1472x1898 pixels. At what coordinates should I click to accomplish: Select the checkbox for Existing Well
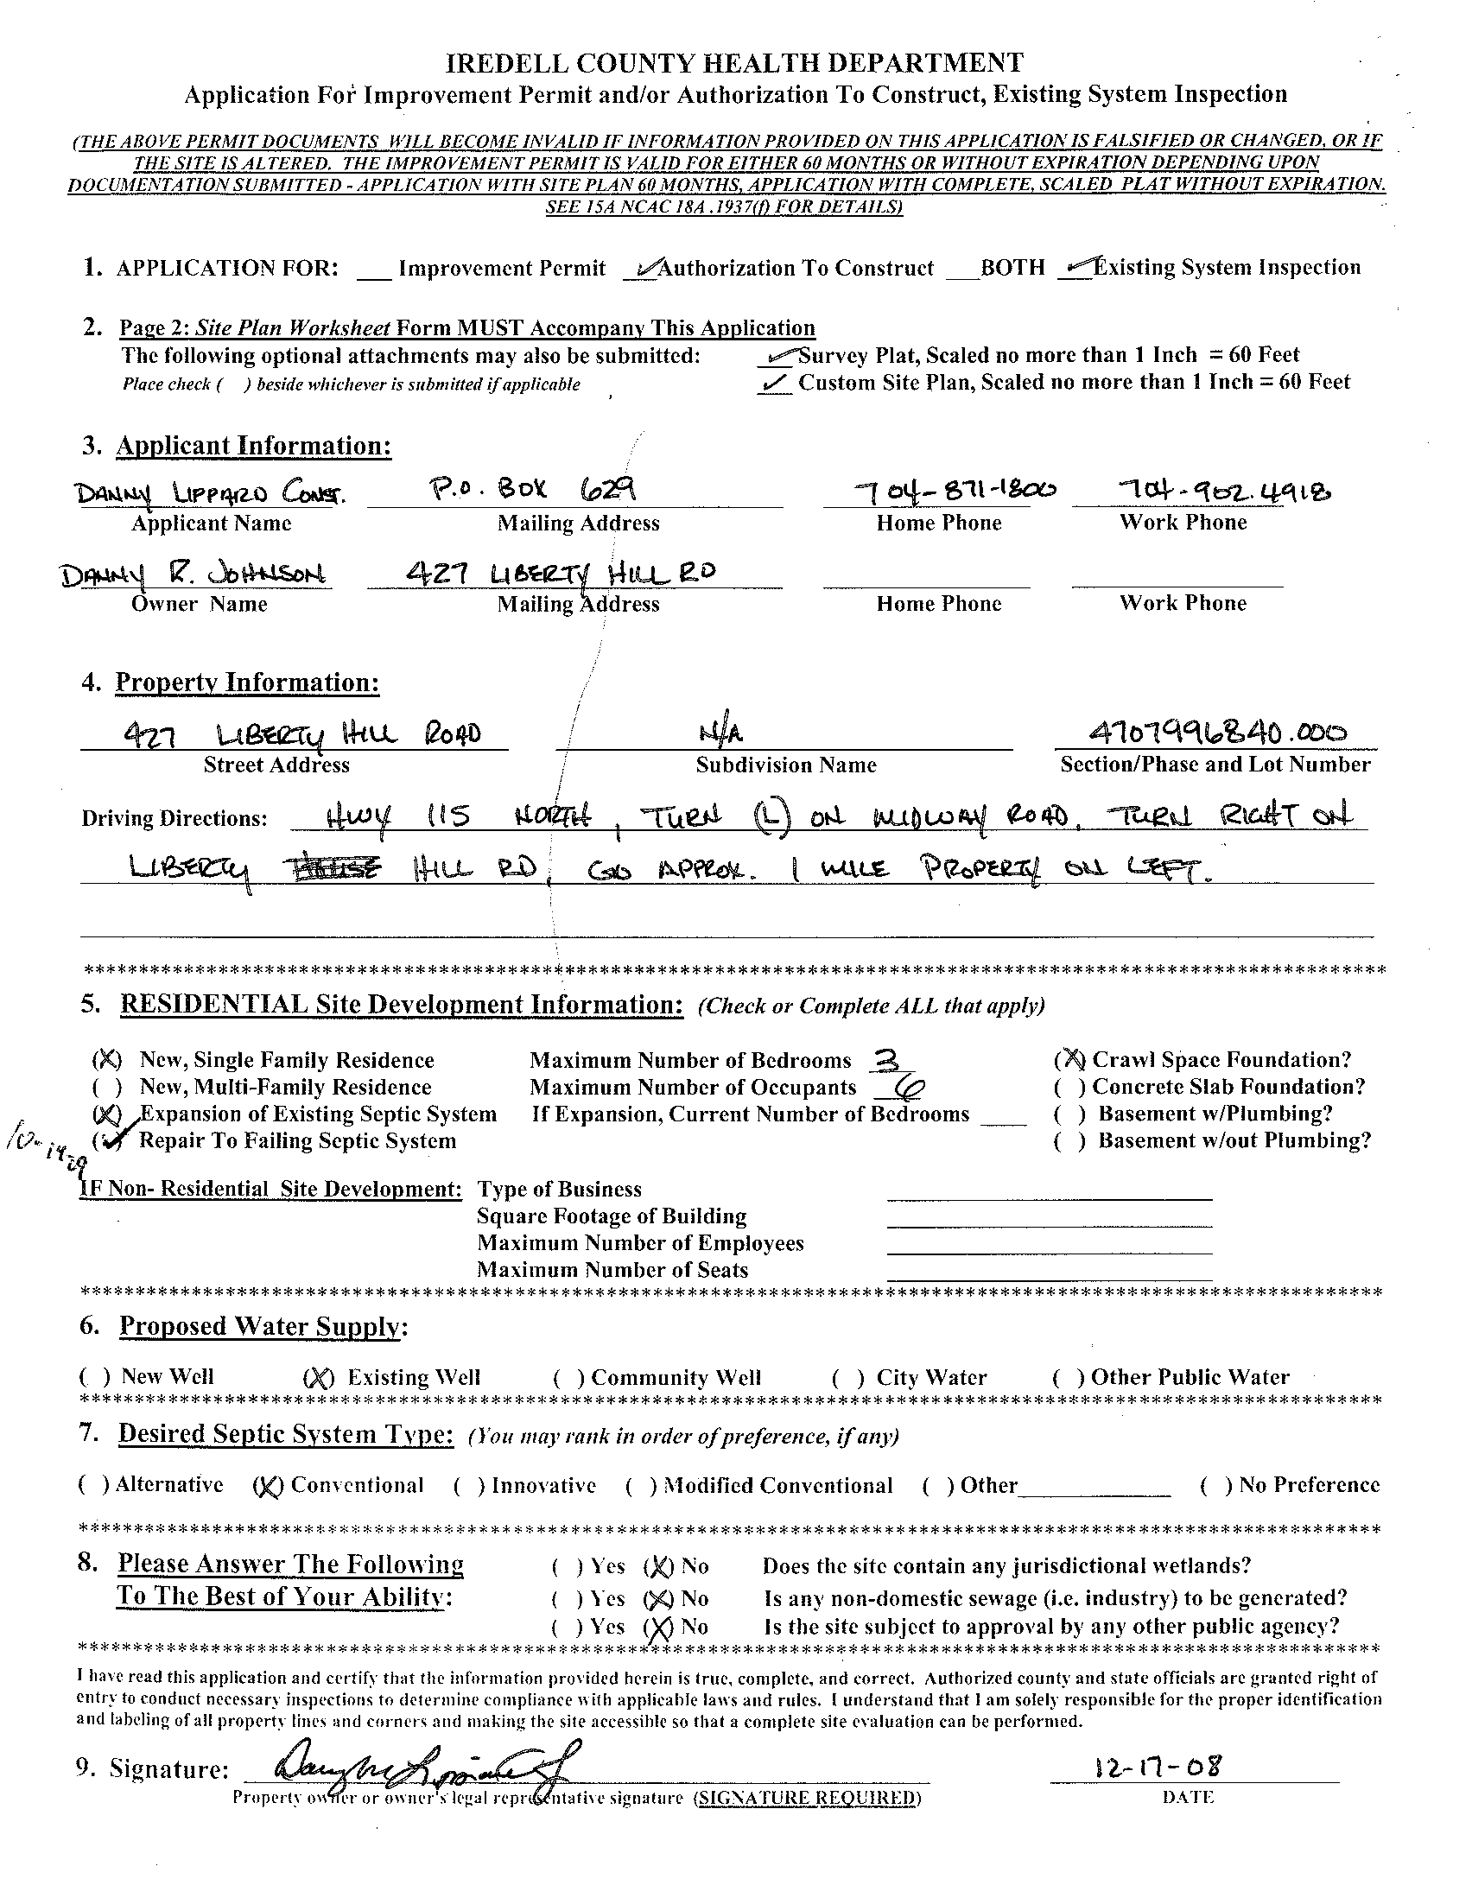click(x=317, y=1378)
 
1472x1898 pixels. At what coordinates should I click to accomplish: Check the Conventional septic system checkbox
click(x=267, y=1486)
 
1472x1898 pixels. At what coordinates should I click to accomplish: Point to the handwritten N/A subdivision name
click(x=720, y=734)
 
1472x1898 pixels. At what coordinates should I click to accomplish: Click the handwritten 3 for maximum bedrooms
click(x=885, y=1060)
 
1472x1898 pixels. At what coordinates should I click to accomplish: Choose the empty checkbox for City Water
click(x=848, y=1378)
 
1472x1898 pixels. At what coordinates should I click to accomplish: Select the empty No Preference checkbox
click(x=1214, y=1486)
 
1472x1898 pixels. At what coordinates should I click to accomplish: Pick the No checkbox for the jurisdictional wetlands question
click(x=659, y=1567)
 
